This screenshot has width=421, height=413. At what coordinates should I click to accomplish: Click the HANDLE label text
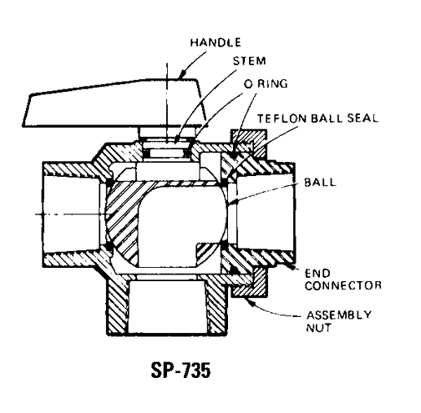pos(216,43)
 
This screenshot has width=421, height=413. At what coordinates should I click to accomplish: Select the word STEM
pos(249,61)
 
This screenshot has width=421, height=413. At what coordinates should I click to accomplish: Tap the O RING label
pos(266,83)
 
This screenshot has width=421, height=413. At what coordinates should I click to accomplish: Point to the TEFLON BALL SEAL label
pos(317,118)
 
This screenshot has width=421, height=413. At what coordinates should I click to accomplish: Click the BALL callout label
pos(320,183)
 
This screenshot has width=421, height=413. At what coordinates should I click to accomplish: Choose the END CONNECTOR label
pos(342,280)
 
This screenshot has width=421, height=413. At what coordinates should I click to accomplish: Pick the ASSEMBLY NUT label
pos(339,321)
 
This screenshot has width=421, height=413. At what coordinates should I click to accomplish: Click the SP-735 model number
pos(180,370)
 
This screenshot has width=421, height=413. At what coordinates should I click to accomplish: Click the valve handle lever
pos(114,104)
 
